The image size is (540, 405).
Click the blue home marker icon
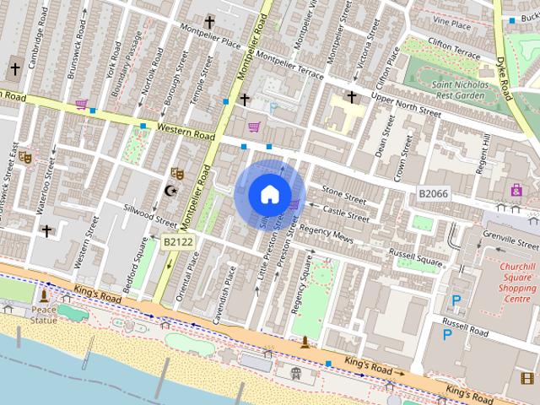pos(269,194)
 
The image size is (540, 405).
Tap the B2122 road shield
pos(178,242)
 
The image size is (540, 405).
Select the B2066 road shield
pos(434,194)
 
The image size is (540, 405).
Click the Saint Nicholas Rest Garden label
pos(459,89)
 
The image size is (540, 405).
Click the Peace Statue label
pos(44,315)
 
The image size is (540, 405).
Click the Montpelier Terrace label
pos(289,66)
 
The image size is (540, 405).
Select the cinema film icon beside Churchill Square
pos(528,378)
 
